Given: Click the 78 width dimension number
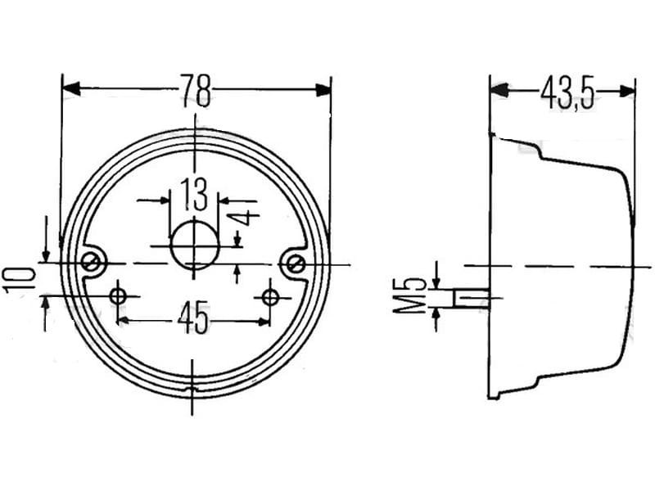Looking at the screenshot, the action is point(196,91).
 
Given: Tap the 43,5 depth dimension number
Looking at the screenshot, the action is point(567,94).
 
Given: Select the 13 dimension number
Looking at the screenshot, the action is point(194,194).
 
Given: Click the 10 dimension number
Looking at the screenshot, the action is point(19,280).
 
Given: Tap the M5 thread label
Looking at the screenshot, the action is point(409,295).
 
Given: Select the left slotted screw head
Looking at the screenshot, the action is point(91,263).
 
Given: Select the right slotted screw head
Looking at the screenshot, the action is point(296,264).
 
